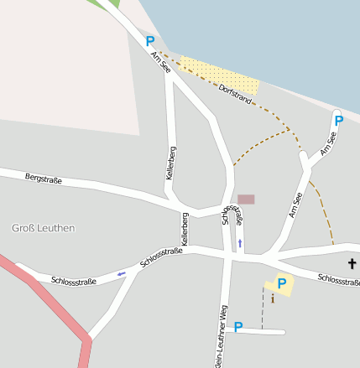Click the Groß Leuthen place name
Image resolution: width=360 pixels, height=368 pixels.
(x=44, y=228)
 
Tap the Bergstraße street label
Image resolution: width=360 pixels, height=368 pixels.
(x=44, y=179)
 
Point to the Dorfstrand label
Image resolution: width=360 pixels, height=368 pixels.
(x=234, y=93)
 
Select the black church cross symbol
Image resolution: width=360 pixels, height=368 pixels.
(x=352, y=264)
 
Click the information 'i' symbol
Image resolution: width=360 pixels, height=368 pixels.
(x=272, y=298)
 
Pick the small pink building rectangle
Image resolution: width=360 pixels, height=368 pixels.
(x=246, y=200)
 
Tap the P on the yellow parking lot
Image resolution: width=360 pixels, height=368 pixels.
(x=282, y=284)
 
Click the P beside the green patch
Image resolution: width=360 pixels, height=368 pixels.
(x=150, y=41)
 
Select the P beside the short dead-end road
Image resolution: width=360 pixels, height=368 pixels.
(x=237, y=327)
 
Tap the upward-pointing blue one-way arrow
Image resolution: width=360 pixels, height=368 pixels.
(x=240, y=243)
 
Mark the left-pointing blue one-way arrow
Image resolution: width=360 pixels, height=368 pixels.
(x=122, y=273)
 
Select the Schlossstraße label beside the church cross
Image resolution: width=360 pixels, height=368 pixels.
(x=338, y=280)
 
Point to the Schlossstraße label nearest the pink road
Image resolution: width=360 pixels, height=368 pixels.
(x=74, y=281)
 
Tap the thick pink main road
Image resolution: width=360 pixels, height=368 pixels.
(x=50, y=302)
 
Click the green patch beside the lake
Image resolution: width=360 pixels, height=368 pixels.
(x=110, y=4)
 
